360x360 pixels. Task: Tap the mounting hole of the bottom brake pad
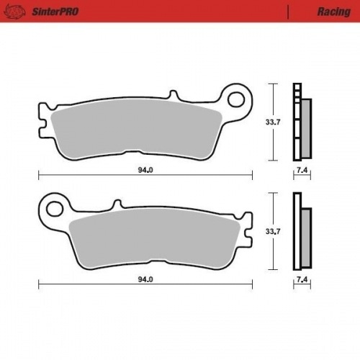coord(53,209)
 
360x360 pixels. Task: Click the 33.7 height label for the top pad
coord(273,122)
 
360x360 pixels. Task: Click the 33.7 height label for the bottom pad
coord(273,232)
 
